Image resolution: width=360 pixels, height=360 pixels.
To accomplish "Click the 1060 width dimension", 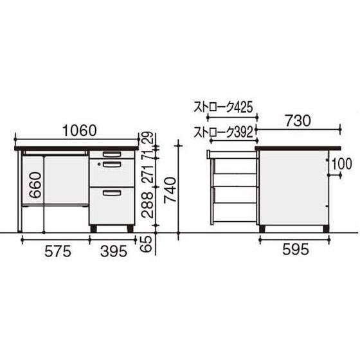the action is pyautogui.click(x=80, y=130).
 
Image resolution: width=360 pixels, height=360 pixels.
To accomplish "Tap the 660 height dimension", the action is pyautogui.click(x=35, y=185).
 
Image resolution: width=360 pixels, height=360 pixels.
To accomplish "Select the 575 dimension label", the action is pyautogui.click(x=58, y=251).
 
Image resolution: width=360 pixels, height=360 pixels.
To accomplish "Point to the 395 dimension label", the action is pyautogui.click(x=114, y=251).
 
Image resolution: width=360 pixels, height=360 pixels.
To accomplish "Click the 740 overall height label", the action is pyautogui.click(x=170, y=190).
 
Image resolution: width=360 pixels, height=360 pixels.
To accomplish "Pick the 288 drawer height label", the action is pyautogui.click(x=147, y=205).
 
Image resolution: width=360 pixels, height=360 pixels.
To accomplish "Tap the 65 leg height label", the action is pyautogui.click(x=147, y=244).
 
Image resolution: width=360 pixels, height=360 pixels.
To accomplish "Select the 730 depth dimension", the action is pyautogui.click(x=298, y=121).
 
